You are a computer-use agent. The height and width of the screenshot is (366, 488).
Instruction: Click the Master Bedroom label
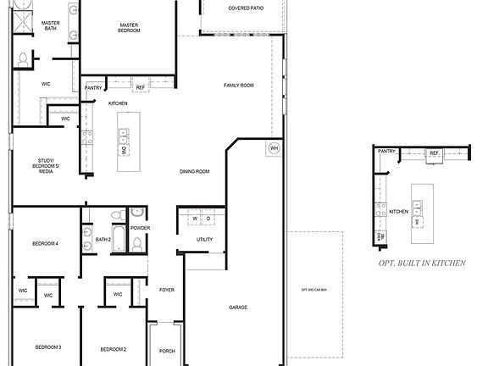130,28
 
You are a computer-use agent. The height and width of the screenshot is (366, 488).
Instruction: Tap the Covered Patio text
245,8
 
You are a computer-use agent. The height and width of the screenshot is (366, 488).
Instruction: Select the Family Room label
239,86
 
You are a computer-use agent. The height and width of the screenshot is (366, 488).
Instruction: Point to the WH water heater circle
274,147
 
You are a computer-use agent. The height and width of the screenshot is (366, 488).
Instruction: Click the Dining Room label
194,172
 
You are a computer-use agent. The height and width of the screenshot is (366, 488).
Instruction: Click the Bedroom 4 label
45,243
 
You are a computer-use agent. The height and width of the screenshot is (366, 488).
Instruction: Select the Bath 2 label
103,240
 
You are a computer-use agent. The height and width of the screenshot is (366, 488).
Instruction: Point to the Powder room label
141,228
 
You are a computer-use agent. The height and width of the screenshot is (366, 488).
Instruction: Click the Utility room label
204,240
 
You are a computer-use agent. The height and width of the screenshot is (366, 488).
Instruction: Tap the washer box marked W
196,219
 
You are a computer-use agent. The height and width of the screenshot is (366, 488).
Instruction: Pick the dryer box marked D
208,219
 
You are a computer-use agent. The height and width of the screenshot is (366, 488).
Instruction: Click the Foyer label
167,290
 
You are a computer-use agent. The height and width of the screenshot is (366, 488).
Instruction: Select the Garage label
238,307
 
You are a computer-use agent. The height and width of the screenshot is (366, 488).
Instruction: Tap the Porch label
167,351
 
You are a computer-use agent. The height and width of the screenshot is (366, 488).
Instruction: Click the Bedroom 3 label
47,347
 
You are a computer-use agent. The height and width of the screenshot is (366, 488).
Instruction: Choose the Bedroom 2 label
113,349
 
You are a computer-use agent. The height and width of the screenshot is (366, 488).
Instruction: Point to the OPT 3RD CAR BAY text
314,291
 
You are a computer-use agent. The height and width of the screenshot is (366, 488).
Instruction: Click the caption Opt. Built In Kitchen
422,263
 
